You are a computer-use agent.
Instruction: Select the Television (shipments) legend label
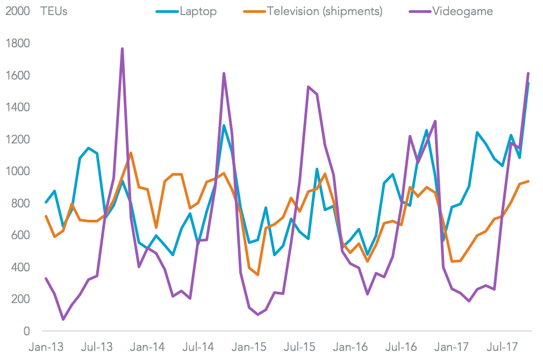pyautogui.click(x=324, y=11)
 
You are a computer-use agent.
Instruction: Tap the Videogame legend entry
pyautogui.click(x=462, y=11)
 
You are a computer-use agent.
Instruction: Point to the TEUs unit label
pyautogui.click(x=54, y=11)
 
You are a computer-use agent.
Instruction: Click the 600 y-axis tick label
pyautogui.click(x=19, y=235)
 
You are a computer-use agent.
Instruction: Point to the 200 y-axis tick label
pyautogui.click(x=19, y=299)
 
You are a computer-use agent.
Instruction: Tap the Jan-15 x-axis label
pyautogui.click(x=248, y=347)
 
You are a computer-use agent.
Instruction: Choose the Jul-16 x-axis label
pyautogui.click(x=401, y=347)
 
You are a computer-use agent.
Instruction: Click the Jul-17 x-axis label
pyautogui.click(x=502, y=347)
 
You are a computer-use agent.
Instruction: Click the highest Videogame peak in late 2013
pyautogui.click(x=122, y=49)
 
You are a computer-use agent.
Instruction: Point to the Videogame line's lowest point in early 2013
pyautogui.click(x=63, y=320)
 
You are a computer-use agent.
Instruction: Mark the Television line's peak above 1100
pyautogui.click(x=131, y=153)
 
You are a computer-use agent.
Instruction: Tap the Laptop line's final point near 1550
pyautogui.click(x=528, y=83)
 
